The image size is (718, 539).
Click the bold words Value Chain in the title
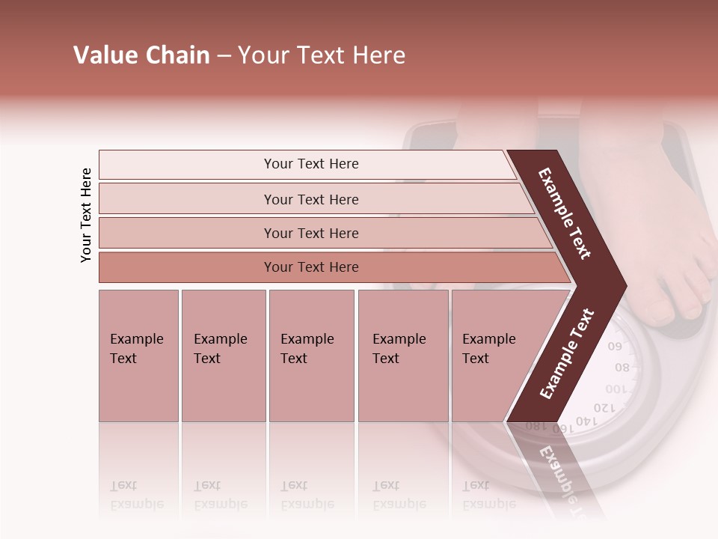point(141,55)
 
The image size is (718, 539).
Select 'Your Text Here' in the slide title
point(322,55)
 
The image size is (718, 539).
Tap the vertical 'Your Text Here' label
point(86,215)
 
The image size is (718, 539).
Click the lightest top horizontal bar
point(311,164)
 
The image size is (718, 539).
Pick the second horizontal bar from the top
point(311,199)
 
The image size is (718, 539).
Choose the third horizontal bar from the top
point(311,233)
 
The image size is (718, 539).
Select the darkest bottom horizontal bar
point(311,267)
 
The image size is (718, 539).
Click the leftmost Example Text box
point(138,356)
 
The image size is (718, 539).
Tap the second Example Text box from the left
point(223,356)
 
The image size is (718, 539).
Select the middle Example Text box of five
point(311,356)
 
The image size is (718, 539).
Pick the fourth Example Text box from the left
point(402,356)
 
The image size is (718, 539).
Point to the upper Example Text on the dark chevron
point(565,213)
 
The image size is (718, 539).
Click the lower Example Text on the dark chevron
point(566,353)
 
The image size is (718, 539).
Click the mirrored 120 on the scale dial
point(604,408)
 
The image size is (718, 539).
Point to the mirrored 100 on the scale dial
point(616,389)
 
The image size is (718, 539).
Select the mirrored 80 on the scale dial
point(622,368)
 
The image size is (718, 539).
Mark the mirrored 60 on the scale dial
point(615,347)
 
